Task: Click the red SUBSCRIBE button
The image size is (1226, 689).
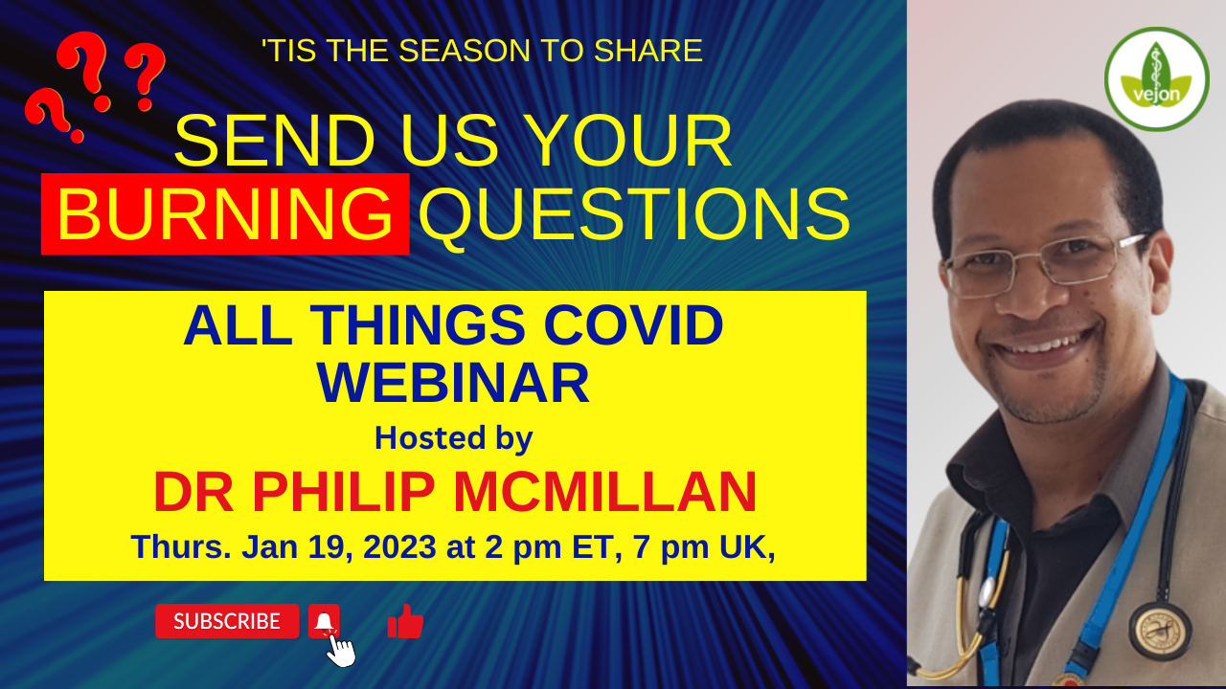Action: coord(227,621)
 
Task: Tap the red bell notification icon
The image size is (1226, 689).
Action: coord(324,621)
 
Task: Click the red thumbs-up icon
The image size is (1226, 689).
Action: coord(405,622)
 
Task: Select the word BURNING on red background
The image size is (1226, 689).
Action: coord(225,214)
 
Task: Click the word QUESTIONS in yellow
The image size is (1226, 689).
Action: coord(634,214)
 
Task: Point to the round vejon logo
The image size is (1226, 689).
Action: coord(1156,78)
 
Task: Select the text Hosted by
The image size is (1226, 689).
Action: coord(453,437)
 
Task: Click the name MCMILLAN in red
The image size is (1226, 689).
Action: coord(604,492)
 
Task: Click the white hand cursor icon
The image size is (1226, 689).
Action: coord(341,651)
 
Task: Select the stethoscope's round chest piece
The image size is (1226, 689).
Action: coord(1160,629)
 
